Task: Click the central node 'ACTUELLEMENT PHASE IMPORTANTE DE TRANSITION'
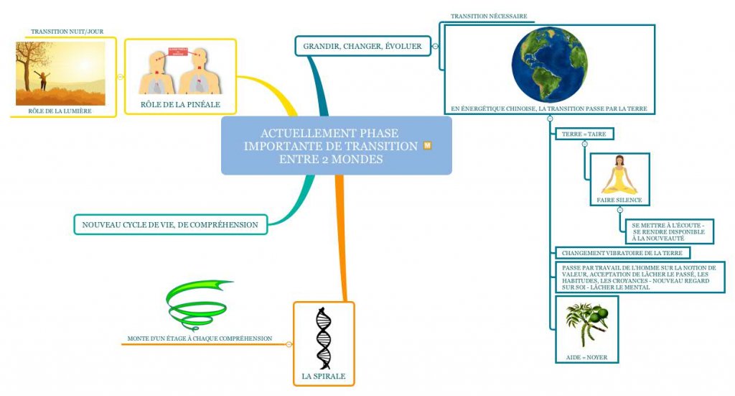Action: pos(330,146)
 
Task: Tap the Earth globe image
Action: pos(549,65)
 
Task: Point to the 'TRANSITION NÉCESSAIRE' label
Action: pos(489,16)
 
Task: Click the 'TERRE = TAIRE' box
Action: pos(584,134)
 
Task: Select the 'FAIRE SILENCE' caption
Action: pos(619,200)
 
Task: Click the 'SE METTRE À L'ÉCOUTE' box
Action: pos(668,231)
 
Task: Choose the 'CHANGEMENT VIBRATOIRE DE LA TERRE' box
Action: pos(622,253)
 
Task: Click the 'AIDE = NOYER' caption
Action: pos(586,357)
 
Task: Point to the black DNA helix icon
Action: pos(324,338)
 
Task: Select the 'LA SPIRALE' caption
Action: pos(324,376)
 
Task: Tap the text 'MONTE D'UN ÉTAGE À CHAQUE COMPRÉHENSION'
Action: pos(200,338)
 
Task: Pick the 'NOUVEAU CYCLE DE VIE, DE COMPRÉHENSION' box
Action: pos(170,225)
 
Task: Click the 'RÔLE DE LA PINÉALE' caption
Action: pos(180,105)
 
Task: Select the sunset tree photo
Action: pos(60,73)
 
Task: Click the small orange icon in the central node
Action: pos(428,146)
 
